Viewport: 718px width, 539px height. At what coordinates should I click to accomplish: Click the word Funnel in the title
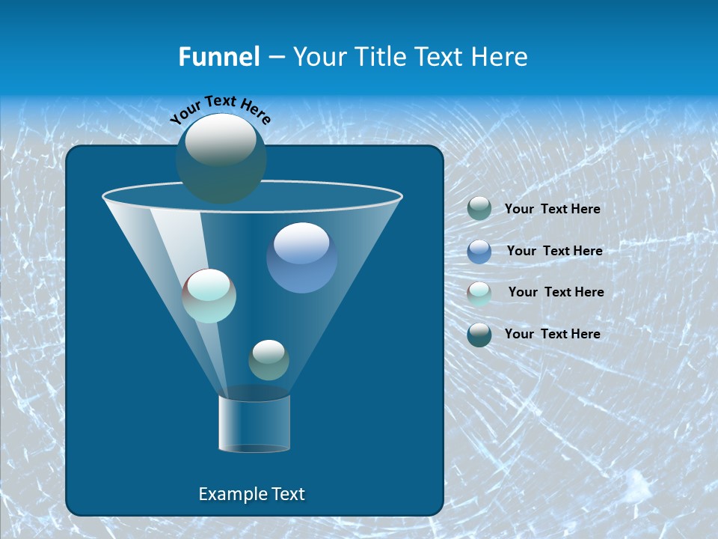click(218, 57)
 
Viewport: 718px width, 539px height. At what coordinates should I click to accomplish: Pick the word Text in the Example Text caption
click(286, 494)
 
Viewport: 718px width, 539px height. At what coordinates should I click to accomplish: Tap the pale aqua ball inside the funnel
click(209, 296)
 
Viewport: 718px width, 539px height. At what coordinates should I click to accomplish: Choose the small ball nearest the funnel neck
click(269, 360)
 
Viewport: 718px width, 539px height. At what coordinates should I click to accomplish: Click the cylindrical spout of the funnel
click(254, 423)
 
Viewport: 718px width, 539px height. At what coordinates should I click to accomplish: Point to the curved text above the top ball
click(220, 109)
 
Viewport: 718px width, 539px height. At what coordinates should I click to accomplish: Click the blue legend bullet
click(479, 252)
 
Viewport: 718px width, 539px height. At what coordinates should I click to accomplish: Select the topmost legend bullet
click(479, 208)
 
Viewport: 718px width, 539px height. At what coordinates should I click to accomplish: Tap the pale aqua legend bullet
click(479, 293)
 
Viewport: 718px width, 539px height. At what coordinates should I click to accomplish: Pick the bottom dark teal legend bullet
click(479, 335)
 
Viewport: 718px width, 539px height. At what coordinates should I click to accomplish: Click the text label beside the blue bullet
click(554, 251)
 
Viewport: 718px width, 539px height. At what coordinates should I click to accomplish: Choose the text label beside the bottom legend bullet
click(552, 334)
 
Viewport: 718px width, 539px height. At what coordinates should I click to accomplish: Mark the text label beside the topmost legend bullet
click(552, 209)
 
